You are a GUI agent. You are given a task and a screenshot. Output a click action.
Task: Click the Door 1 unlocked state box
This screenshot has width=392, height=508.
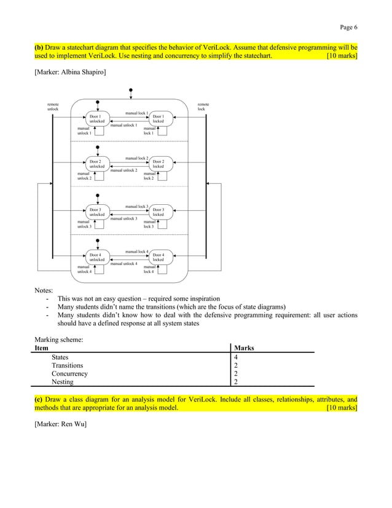[x=96, y=119]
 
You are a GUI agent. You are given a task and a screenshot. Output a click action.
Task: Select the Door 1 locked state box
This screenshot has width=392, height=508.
[x=159, y=119]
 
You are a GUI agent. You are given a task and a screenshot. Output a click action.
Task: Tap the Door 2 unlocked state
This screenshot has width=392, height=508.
[x=96, y=164]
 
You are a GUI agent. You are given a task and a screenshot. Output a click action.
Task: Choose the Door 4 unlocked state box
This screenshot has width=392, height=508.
[x=96, y=257]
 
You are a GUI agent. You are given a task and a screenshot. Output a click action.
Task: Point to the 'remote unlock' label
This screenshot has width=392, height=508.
[x=53, y=107]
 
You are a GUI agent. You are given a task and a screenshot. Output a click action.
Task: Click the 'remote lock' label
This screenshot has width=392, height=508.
[x=203, y=107]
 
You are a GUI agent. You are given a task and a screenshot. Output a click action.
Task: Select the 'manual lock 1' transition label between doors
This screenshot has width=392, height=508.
[x=136, y=113]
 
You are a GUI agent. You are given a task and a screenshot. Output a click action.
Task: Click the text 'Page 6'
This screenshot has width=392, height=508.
[x=349, y=26]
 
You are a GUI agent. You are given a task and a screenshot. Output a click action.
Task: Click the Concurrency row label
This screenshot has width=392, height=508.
[x=69, y=373]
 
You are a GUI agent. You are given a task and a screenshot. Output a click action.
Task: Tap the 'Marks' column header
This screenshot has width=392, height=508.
[x=244, y=348]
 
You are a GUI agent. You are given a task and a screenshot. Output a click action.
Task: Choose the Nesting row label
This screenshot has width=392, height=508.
[x=63, y=382]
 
